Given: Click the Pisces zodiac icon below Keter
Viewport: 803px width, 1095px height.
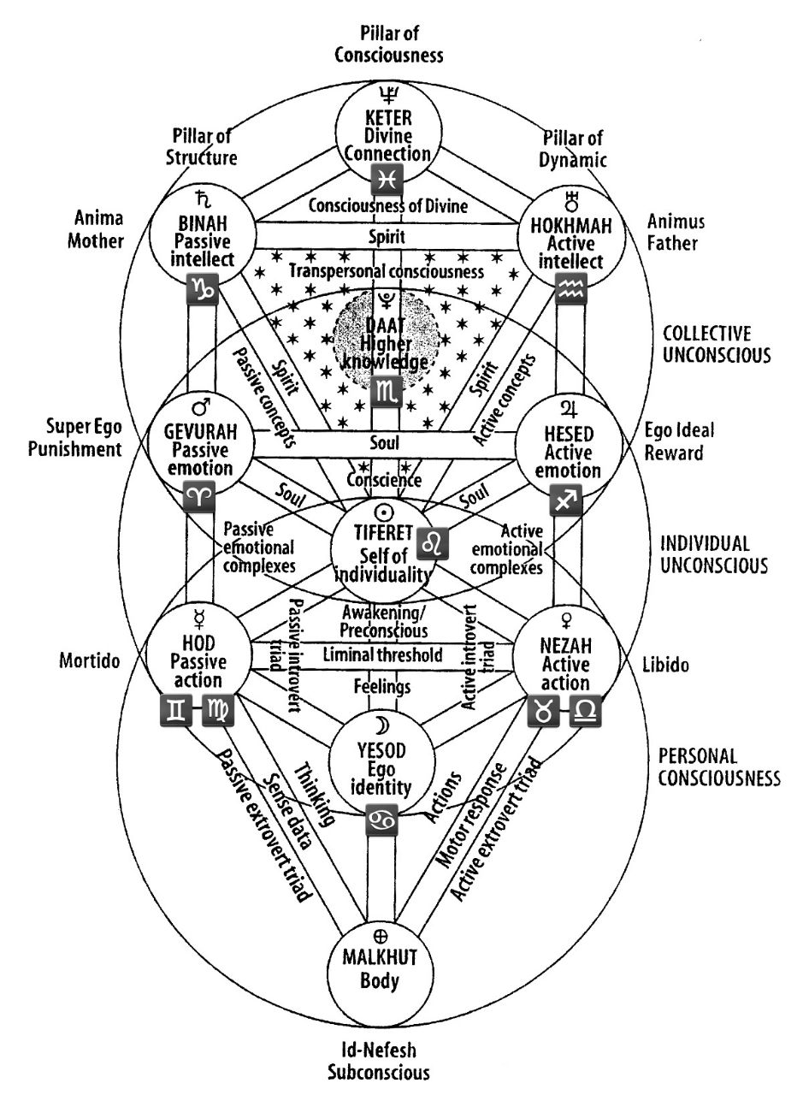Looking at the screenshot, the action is tap(387, 180).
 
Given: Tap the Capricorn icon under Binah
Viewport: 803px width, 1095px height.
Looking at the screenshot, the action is tap(203, 289).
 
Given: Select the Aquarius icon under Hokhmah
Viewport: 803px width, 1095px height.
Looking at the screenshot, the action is tap(571, 288).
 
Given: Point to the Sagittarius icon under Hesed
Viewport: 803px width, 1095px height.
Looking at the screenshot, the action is tap(566, 500).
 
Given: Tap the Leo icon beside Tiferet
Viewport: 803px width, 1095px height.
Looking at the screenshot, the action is tap(433, 543).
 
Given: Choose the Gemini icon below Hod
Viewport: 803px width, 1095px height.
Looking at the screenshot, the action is tap(176, 710).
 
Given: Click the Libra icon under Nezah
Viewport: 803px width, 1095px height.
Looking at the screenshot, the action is tap(586, 711).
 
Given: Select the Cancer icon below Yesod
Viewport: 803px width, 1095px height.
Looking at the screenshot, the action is tap(381, 820).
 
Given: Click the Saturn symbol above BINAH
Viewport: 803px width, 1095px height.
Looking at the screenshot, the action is tap(201, 199).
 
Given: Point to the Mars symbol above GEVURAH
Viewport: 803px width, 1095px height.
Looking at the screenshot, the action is tap(203, 405).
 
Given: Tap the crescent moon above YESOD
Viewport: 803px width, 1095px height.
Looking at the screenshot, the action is tap(381, 725).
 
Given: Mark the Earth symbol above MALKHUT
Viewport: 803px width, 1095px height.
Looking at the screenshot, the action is tap(381, 936).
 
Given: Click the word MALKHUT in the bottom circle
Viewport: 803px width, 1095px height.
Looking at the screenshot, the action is tap(380, 957).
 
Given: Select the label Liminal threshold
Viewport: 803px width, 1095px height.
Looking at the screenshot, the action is tap(382, 654).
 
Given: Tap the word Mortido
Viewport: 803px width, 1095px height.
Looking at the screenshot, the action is tap(90, 660).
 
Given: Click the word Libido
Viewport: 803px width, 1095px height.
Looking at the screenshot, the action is tap(665, 665).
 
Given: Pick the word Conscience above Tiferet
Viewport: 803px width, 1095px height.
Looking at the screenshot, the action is tap(384, 480).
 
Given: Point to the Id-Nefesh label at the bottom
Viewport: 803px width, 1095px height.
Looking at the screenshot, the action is tap(379, 1049).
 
